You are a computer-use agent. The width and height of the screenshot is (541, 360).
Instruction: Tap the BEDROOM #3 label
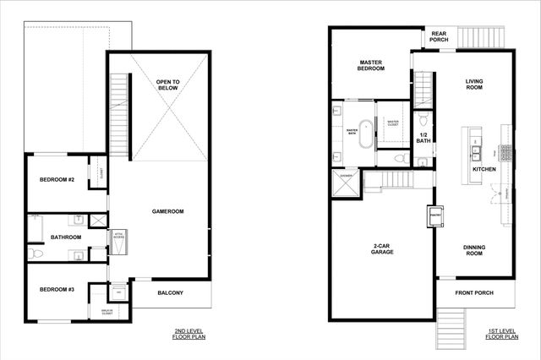(x=57, y=290)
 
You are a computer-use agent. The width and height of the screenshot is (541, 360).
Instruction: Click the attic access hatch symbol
(x=119, y=237)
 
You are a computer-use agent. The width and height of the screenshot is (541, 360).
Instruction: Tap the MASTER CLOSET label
(x=393, y=123)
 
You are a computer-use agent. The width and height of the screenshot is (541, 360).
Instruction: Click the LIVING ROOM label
(x=474, y=85)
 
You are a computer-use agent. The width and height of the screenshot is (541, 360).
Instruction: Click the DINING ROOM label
(x=473, y=251)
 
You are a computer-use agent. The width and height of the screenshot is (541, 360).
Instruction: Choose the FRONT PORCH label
(x=473, y=293)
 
